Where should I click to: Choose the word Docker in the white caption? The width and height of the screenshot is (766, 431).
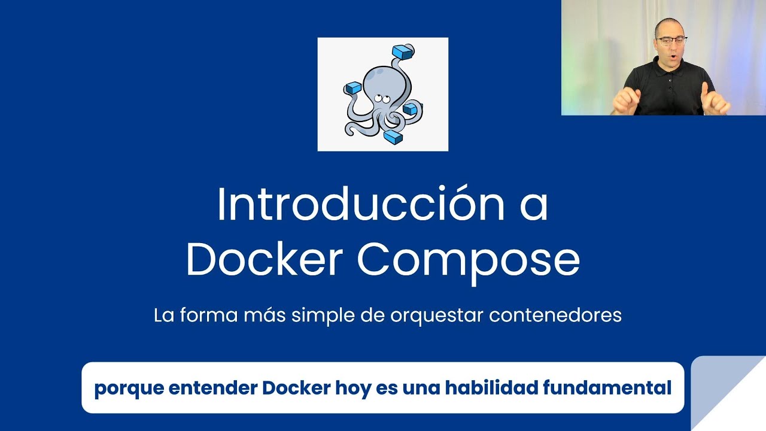(x=296, y=388)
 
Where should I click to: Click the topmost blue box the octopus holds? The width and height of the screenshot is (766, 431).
(x=403, y=52)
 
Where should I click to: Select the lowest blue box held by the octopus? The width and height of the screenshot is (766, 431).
(x=393, y=138)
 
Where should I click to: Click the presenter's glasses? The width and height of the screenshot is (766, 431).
(x=671, y=41)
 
